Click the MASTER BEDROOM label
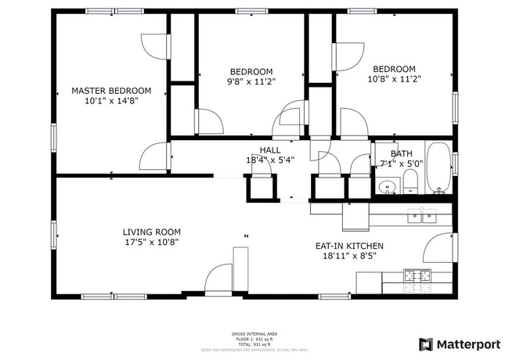(x=111, y=91)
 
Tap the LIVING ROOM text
(x=151, y=232)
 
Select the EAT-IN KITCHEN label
(x=349, y=246)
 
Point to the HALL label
(x=270, y=150)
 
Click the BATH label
(x=401, y=154)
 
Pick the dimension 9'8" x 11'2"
(x=251, y=81)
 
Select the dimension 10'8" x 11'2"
(x=394, y=78)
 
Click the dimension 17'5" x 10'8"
(x=151, y=242)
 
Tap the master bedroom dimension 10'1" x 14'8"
(x=111, y=101)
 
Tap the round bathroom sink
(x=385, y=187)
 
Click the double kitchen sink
(x=422, y=216)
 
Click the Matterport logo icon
(x=426, y=344)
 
